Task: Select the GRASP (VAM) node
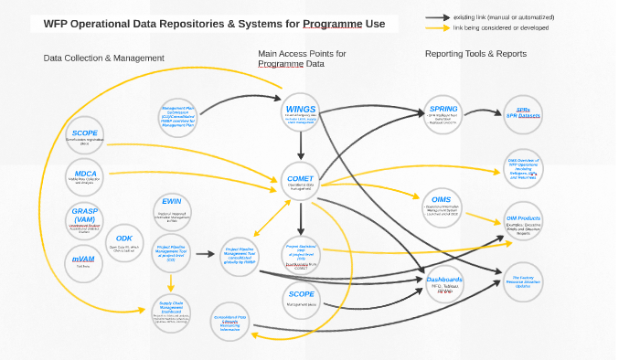point(85,221)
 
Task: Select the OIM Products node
point(523,223)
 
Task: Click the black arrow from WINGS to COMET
point(300,146)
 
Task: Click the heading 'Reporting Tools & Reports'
point(475,54)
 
